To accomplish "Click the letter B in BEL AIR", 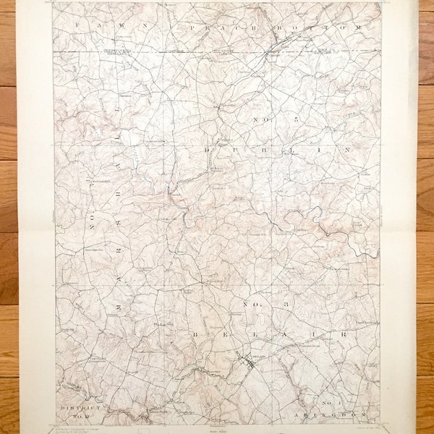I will click(x=195, y=335).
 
